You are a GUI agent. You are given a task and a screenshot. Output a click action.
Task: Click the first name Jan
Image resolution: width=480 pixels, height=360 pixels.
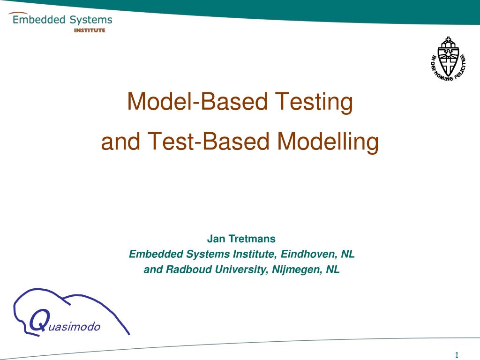coord(216,239)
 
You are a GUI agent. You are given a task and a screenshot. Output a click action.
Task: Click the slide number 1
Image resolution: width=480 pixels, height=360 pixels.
coord(457,354)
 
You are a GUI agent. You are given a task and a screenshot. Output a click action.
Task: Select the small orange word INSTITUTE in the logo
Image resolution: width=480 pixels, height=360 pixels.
coord(90,30)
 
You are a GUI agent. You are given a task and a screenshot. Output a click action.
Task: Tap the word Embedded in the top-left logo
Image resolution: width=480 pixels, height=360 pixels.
coord(39,20)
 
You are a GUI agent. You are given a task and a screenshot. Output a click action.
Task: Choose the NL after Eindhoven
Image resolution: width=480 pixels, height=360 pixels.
coord(348,255)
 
